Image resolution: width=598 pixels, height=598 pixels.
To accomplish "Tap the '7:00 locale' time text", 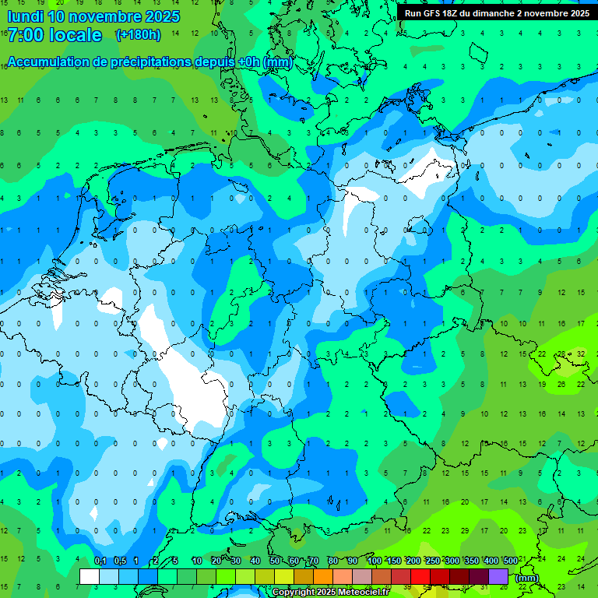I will [55, 35].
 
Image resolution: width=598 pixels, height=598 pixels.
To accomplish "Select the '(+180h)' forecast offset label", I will [138, 35].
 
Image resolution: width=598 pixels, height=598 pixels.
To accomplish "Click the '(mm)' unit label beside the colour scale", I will [527, 577].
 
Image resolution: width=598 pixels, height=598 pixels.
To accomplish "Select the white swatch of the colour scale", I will [90, 576].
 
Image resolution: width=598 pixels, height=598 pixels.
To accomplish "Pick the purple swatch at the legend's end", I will [498, 576].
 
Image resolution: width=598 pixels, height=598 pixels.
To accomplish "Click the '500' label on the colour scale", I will [510, 561].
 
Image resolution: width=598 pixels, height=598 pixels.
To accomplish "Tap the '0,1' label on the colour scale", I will [100, 561].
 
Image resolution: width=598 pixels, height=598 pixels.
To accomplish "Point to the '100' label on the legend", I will [374, 561].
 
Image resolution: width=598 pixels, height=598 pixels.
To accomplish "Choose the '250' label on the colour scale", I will [432, 561].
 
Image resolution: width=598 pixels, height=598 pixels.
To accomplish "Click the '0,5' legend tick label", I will [120, 561].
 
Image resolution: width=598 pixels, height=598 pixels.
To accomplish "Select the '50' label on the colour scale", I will [275, 561].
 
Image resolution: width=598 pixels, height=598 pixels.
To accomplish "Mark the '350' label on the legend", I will [471, 561].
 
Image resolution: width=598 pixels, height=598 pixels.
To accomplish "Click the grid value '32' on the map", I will [581, 354].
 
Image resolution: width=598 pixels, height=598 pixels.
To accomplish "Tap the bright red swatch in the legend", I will [420, 576].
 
